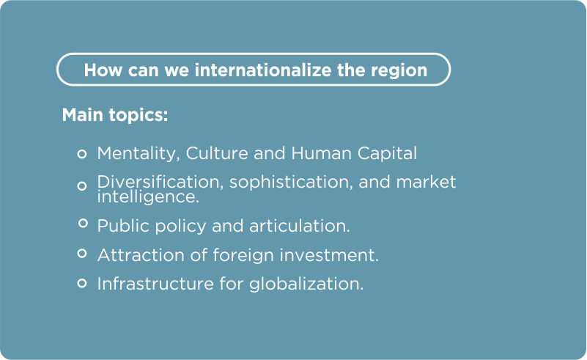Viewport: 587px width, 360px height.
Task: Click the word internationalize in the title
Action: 263,70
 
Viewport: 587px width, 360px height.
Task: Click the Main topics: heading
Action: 115,114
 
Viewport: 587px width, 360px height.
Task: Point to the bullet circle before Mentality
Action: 82,153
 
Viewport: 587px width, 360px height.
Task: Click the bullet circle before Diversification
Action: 82,185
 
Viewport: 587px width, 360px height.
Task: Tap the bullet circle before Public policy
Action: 83,224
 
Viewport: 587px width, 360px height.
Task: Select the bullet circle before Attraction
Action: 82,254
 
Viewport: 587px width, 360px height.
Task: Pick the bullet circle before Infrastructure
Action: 82,283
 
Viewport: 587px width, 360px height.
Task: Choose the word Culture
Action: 217,153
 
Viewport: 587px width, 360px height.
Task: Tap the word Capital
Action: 387,153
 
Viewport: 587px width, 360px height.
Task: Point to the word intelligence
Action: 148,197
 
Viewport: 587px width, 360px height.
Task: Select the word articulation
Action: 300,226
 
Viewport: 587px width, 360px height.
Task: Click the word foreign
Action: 244,255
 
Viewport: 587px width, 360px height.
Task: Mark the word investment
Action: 330,255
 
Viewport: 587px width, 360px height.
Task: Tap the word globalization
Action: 306,284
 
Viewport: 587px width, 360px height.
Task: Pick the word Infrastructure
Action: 155,284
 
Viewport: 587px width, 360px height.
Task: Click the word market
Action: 426,182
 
